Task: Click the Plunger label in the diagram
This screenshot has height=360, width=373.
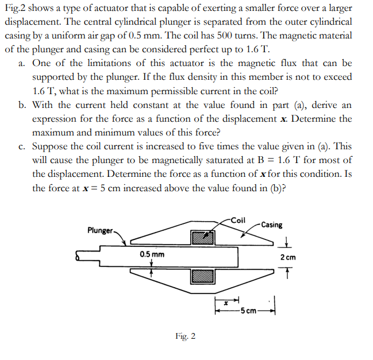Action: pos(100,230)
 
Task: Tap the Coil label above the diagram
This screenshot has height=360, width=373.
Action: pos(237,219)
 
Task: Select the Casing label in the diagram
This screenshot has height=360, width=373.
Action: pos(271,225)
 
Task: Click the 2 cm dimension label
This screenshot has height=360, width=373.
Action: pos(289,257)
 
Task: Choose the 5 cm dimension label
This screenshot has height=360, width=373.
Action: pos(249,311)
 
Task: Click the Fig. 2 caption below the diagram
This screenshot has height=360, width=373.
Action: pos(186,336)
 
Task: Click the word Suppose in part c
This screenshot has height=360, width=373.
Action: pos(51,147)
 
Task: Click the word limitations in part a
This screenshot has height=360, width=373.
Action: pos(110,63)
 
